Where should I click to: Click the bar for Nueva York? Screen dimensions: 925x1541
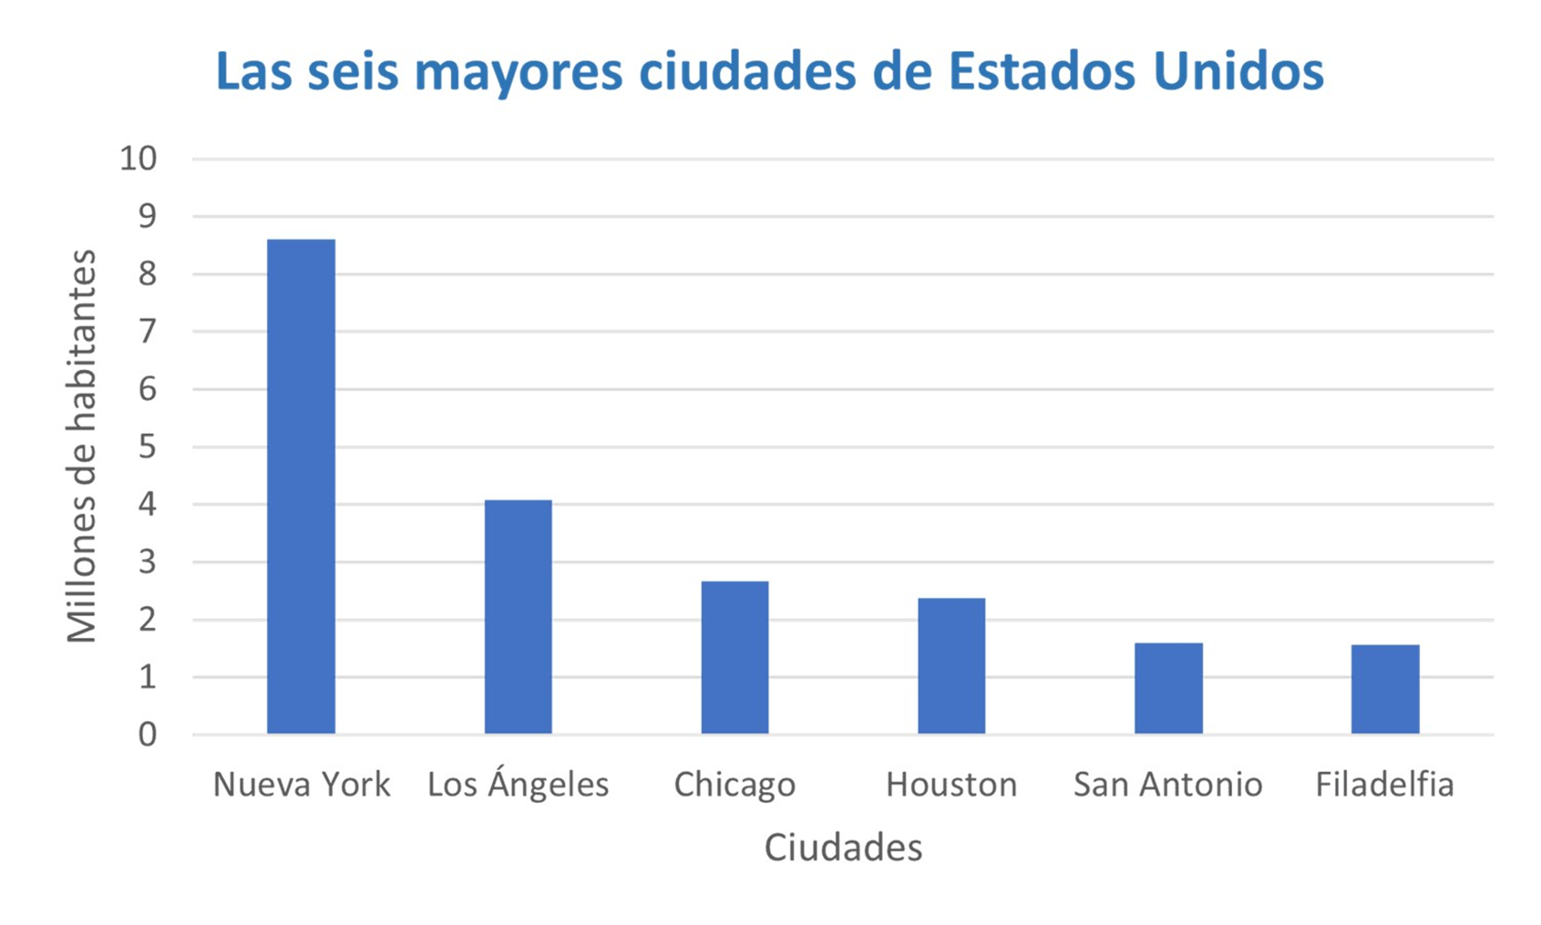[301, 486]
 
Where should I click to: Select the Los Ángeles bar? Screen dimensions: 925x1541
[518, 616]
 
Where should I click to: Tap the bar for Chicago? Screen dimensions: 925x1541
[735, 657]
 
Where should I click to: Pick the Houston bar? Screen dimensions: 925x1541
[951, 665]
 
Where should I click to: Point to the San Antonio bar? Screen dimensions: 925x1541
[1168, 687]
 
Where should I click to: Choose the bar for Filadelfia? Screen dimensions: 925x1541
[1385, 689]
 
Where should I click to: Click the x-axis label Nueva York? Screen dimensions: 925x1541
[301, 784]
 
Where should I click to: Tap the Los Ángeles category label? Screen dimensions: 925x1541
[518, 783]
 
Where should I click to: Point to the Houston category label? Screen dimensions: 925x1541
[951, 784]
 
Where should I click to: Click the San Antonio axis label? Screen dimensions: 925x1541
[1168, 784]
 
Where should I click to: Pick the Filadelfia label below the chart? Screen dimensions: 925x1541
[1385, 784]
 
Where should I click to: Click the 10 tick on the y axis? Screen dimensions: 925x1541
[138, 159]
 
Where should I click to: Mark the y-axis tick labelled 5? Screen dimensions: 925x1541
[147, 446]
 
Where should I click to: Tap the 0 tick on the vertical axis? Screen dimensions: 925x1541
[147, 734]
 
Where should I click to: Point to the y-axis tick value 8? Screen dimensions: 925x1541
[147, 274]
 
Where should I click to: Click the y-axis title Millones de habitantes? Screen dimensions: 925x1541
[81, 446]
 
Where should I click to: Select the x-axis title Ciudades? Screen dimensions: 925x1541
[843, 848]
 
